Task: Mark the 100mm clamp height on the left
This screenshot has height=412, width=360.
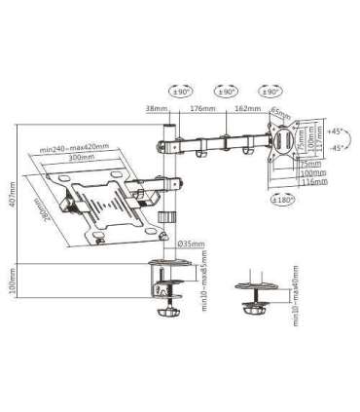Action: (10, 281)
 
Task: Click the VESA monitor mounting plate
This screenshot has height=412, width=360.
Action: (285, 138)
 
